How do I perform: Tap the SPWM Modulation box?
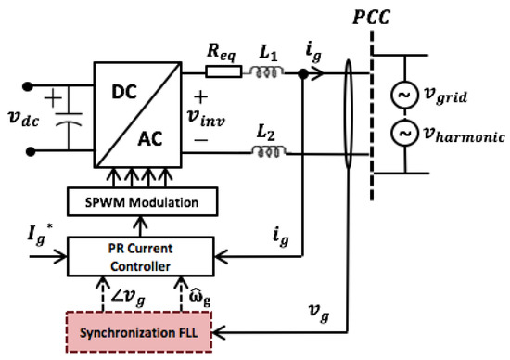(140, 200)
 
